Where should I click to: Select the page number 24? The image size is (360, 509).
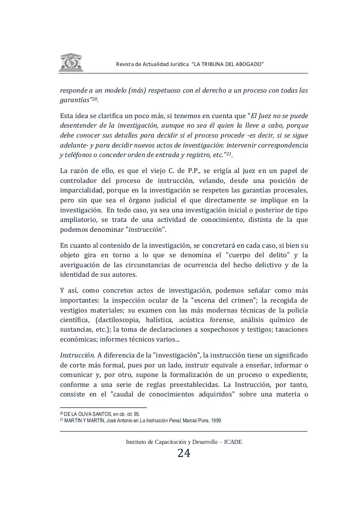pos(184,453)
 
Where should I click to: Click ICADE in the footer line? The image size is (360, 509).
pos(233,442)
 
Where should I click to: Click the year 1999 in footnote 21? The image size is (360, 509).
pos(216,420)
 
